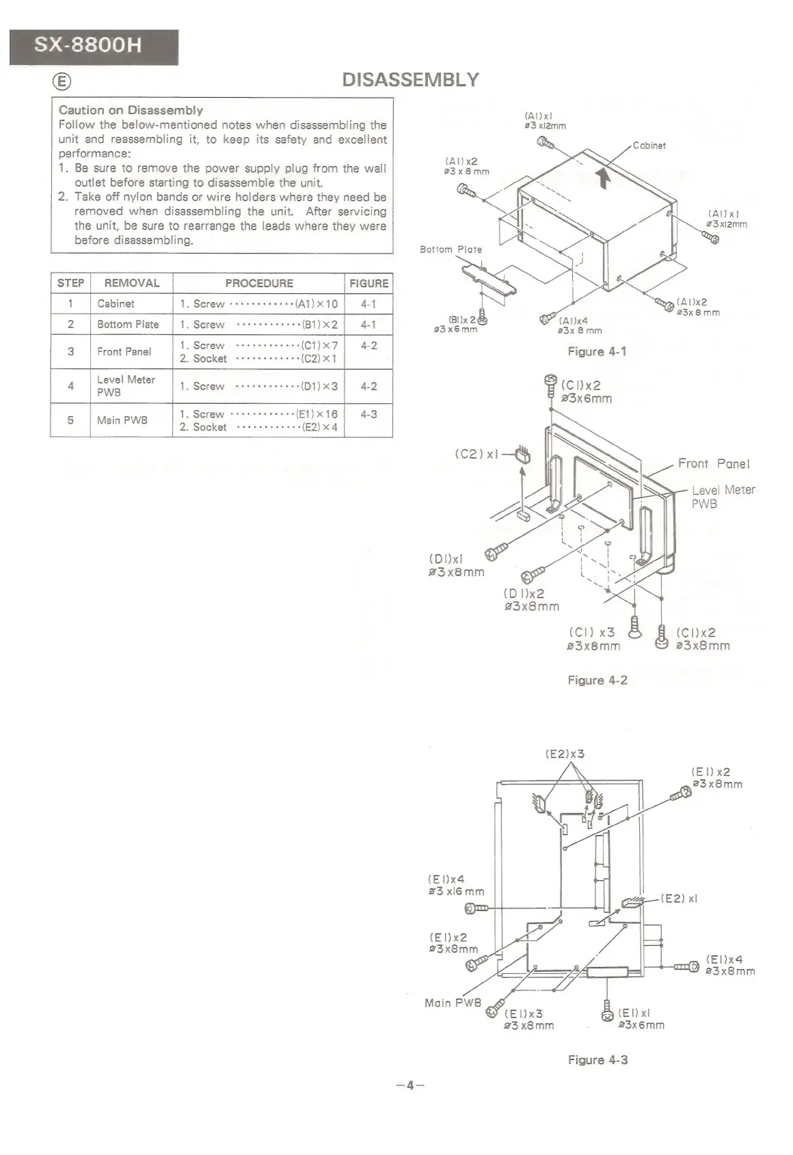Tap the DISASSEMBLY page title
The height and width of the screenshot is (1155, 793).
coord(410,80)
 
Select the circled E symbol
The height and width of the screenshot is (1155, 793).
coord(62,82)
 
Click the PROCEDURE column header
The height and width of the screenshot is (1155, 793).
coord(258,283)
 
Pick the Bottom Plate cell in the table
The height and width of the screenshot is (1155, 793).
coord(128,325)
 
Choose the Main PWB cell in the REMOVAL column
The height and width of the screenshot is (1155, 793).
coord(122,420)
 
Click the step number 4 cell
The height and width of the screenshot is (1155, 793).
coord(70,386)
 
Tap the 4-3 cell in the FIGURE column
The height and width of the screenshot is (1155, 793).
coord(368,414)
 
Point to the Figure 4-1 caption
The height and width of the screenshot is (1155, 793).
coord(597,351)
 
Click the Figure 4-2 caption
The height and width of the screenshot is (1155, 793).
coord(597,680)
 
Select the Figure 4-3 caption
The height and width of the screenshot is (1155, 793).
coord(597,1060)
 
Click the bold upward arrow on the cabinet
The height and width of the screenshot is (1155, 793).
coord(603,178)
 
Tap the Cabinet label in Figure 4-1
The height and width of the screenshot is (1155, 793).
coord(649,146)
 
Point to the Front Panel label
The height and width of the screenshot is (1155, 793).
coord(714,464)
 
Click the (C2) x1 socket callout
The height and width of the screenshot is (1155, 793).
coord(476,454)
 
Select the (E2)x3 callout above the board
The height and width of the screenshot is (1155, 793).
coord(565,755)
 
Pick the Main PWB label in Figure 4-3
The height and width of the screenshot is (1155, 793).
coord(453,1003)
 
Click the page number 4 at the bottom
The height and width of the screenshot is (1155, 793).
coord(410,1085)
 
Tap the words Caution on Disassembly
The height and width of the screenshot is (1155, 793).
coord(131,110)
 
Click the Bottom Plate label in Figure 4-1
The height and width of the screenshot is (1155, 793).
coord(451,249)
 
